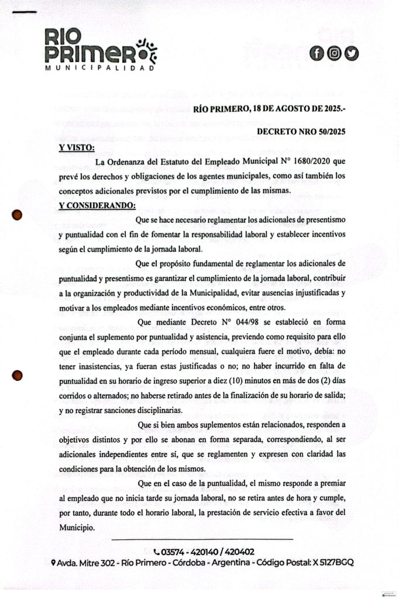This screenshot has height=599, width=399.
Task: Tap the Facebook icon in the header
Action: coord(317,53)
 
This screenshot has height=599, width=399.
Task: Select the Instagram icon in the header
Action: coord(334,53)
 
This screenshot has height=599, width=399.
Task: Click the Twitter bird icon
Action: coord(351,53)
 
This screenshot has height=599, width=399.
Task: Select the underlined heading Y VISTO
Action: coord(77,147)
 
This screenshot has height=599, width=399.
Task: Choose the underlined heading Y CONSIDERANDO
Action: coord(97,205)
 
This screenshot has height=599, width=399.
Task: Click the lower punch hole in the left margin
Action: coord(18,375)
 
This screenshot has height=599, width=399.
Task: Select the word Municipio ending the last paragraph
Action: coord(77,526)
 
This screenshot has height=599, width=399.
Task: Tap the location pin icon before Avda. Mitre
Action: coord(53,563)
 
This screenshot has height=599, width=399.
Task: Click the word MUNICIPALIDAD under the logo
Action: coord(99,68)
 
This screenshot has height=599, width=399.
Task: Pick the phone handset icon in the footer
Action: coord(156,552)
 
